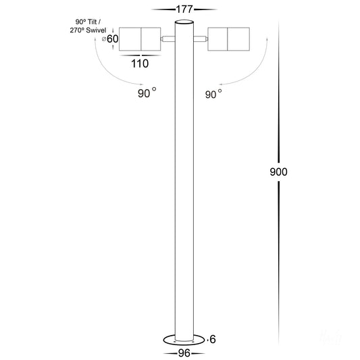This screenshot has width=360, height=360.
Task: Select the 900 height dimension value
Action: point(278,172)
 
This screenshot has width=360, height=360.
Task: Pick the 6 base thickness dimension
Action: point(213,338)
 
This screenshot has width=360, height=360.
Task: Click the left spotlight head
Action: point(139,39)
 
